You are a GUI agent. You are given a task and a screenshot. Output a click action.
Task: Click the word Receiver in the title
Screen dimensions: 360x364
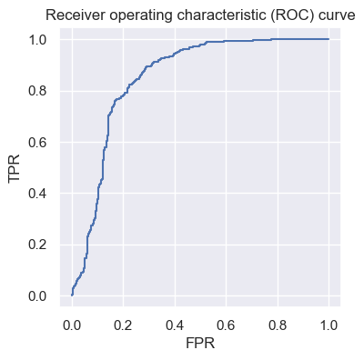[71, 15]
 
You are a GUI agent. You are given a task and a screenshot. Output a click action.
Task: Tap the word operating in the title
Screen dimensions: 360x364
[131, 15]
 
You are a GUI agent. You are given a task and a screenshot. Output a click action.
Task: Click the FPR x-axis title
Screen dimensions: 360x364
[200, 345]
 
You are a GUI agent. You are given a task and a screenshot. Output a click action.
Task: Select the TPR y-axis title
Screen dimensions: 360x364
[15, 167]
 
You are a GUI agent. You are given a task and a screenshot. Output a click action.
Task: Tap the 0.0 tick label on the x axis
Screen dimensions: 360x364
[72, 325]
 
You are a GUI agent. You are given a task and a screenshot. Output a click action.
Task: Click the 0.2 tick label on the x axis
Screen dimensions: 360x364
[123, 325]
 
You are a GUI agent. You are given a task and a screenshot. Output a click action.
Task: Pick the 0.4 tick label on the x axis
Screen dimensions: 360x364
[175, 325]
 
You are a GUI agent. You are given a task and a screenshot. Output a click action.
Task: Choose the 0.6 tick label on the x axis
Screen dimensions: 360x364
[227, 325]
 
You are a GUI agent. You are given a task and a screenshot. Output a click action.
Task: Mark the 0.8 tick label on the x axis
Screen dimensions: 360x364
[278, 325]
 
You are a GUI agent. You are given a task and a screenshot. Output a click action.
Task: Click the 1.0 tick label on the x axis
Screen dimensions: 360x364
[329, 325]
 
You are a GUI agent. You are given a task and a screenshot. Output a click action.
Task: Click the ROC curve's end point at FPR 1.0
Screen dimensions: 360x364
[329, 38]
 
